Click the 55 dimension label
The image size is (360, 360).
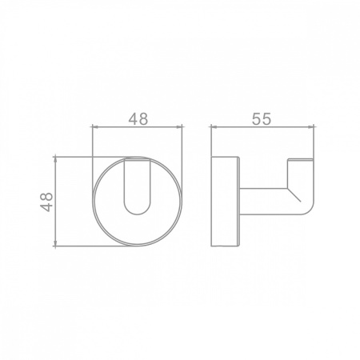click(x=262, y=118)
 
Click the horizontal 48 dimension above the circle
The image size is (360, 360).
click(x=138, y=119)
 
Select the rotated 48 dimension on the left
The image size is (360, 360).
click(x=47, y=202)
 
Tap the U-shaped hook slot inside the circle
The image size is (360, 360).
click(x=138, y=186)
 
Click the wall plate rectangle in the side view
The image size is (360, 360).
click(x=224, y=202)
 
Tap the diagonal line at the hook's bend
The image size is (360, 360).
click(x=294, y=194)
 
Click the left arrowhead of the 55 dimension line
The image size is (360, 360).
click(x=213, y=127)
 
